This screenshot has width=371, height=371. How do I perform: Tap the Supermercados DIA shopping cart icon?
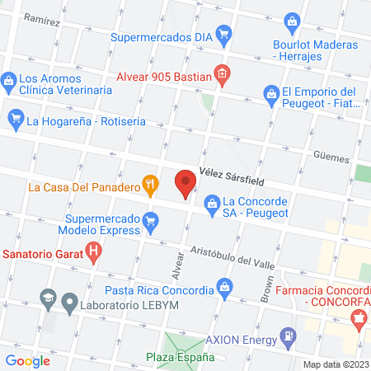223,36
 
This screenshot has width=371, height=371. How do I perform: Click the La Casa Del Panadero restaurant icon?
150,186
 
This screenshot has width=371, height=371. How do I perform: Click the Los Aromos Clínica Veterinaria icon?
8,81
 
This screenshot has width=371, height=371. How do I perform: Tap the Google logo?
28,360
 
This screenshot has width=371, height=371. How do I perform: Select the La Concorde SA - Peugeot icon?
212,201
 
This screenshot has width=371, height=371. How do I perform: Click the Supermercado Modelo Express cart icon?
150,220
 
